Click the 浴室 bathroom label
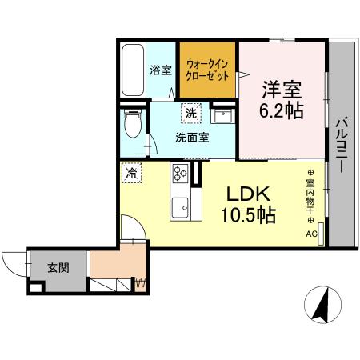click(x=161, y=70)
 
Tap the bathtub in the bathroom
click(x=133, y=70)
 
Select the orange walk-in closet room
click(x=207, y=67)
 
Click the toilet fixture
click(x=134, y=124)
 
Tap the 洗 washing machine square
click(x=190, y=114)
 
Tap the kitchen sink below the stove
click(x=178, y=204)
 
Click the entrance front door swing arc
click(x=12, y=263)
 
